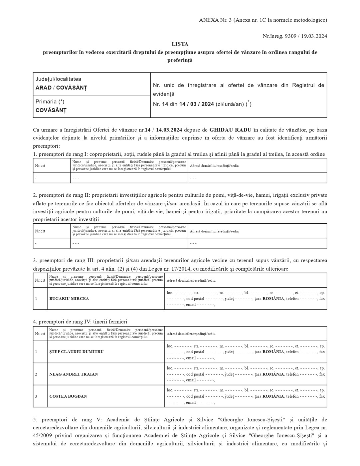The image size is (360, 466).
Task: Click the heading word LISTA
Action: (180, 44)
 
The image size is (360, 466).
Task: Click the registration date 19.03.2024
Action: (314, 36)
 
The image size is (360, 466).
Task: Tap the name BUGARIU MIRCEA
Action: (69, 299)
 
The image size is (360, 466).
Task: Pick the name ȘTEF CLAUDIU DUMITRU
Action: (76, 352)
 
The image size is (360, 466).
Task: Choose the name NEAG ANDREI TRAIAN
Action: (74, 374)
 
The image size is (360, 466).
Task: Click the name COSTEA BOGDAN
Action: (68, 396)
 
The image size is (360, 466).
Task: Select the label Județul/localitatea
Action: (58, 79)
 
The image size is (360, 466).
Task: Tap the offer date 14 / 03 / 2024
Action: (196, 104)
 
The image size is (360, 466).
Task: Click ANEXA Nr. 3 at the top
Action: (215, 20)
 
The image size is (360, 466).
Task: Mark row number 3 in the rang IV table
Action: (36, 396)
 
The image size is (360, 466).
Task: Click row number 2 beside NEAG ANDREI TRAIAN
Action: (36, 374)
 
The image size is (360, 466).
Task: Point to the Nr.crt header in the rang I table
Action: (40, 166)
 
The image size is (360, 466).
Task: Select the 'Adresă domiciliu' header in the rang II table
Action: (214, 231)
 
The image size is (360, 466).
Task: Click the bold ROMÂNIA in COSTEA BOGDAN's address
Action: (273, 396)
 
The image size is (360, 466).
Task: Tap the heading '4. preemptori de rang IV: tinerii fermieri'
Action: (80, 322)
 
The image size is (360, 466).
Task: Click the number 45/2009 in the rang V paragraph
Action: (43, 435)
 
